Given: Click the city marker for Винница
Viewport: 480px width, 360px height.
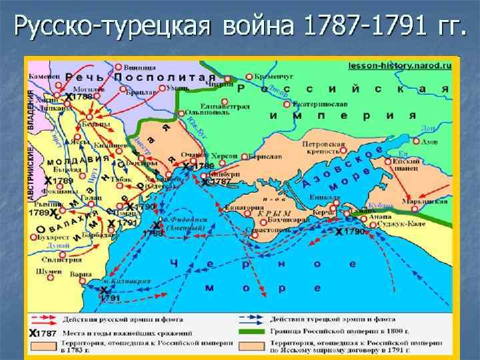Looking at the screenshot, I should [x=118, y=67].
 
